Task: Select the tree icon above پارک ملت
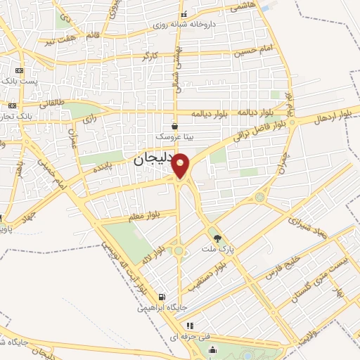pos(217,239)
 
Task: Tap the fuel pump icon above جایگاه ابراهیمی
pos(163,297)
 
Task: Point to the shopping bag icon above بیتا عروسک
pos(174,126)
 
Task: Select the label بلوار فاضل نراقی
pos(259,131)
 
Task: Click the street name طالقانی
pos(53,103)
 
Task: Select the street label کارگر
pos(149,56)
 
